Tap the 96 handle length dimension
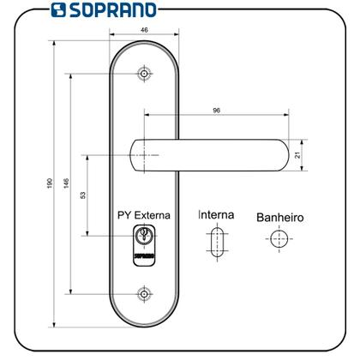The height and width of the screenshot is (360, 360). click(215, 111)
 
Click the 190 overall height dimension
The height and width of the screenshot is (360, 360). click(45, 185)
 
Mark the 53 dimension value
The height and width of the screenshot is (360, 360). click(82, 195)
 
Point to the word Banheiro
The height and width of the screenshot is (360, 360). click(279, 218)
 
